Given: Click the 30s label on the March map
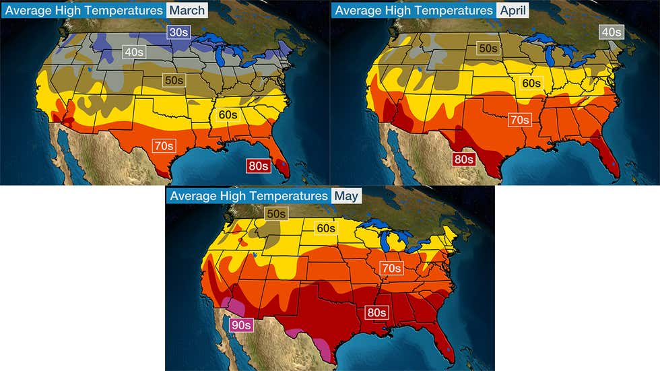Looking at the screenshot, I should pyautogui.click(x=178, y=33).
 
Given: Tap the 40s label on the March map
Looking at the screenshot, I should pyautogui.click(x=133, y=51).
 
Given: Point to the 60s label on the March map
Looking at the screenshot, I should pyautogui.click(x=227, y=114).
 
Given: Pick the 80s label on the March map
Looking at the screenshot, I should pyautogui.click(x=257, y=166).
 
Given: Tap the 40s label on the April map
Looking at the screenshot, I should pyautogui.click(x=611, y=32).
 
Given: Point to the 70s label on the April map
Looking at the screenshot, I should pyautogui.click(x=519, y=120).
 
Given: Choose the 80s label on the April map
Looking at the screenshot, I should pyautogui.click(x=463, y=159).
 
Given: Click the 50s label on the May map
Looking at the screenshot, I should pyautogui.click(x=275, y=213).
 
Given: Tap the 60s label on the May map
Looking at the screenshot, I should pyautogui.click(x=326, y=228).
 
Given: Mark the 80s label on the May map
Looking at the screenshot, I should pyautogui.click(x=376, y=312).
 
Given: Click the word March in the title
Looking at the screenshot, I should pyautogui.click(x=187, y=10).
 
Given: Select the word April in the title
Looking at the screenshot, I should pyautogui.click(x=513, y=10).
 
